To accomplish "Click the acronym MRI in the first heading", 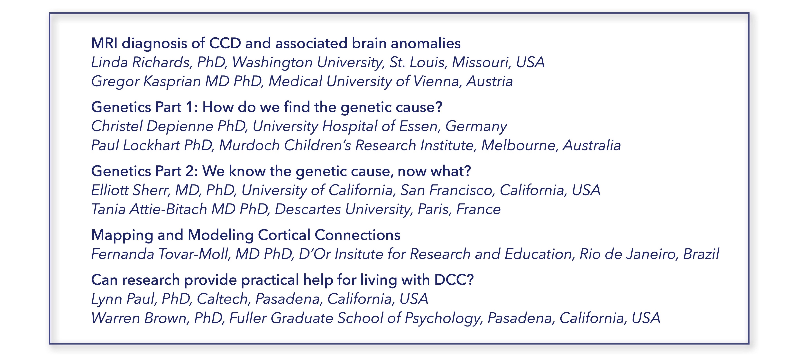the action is click(104, 43).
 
